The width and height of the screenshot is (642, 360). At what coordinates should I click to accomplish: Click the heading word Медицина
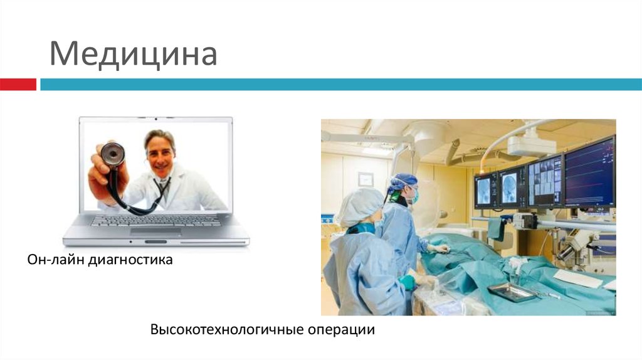click(x=133, y=55)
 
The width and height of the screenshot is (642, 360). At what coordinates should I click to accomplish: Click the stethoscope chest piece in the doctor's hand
click(x=113, y=154)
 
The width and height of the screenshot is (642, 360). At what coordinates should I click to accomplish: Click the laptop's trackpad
click(x=155, y=231)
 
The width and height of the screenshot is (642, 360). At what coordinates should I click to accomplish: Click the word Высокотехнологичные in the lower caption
click(x=226, y=329)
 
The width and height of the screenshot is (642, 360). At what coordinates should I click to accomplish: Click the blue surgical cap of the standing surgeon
click(x=402, y=182)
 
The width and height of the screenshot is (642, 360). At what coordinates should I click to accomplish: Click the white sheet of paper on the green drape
click(x=577, y=278)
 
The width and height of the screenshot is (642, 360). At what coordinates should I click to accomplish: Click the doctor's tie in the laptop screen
click(x=162, y=188)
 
